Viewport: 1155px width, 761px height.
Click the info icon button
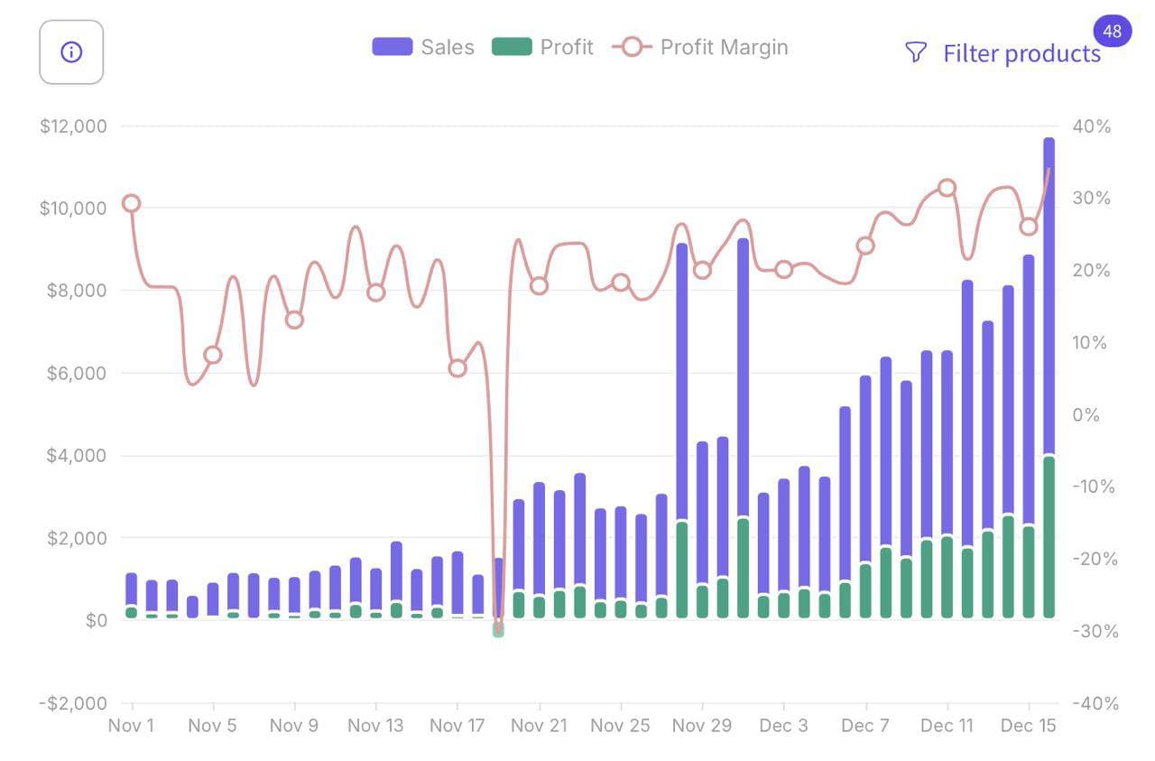(71, 52)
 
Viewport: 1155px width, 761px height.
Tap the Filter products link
(1021, 53)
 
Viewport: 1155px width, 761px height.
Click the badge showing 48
(1112, 32)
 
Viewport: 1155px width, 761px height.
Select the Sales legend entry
(423, 47)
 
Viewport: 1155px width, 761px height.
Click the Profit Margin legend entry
(700, 47)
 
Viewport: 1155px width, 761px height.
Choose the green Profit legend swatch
(512, 47)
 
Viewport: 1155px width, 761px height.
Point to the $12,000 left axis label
(73, 126)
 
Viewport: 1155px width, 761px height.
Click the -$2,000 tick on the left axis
(73, 703)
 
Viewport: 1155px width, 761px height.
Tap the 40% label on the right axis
(1091, 126)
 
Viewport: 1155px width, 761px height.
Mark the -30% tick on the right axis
(1095, 631)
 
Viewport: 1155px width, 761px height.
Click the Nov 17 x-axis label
(457, 726)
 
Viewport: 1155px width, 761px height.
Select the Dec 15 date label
(1029, 726)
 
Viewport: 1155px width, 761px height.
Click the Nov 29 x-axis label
(702, 726)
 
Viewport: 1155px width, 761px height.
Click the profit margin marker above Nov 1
(132, 203)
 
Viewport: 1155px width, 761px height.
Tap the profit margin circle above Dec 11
(947, 188)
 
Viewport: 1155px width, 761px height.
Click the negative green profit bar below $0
(498, 629)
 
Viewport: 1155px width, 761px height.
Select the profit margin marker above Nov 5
(213, 355)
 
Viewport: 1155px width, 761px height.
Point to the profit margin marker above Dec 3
(783, 269)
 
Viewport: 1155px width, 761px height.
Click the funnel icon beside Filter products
(915, 53)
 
